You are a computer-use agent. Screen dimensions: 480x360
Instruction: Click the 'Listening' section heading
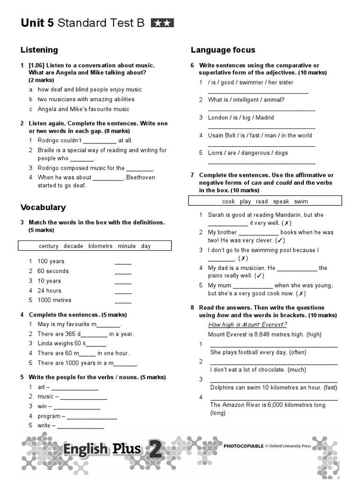point(39,50)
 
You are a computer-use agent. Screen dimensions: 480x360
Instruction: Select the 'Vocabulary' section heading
point(43,207)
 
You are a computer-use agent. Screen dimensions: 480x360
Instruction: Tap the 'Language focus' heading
point(223,50)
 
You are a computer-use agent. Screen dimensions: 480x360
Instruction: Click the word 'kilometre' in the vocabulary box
point(100,246)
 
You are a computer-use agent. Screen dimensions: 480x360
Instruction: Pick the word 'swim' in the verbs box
point(301,202)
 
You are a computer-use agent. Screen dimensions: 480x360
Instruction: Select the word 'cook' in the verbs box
point(228,202)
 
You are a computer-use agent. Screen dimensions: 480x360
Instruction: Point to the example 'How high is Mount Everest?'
point(247,325)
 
